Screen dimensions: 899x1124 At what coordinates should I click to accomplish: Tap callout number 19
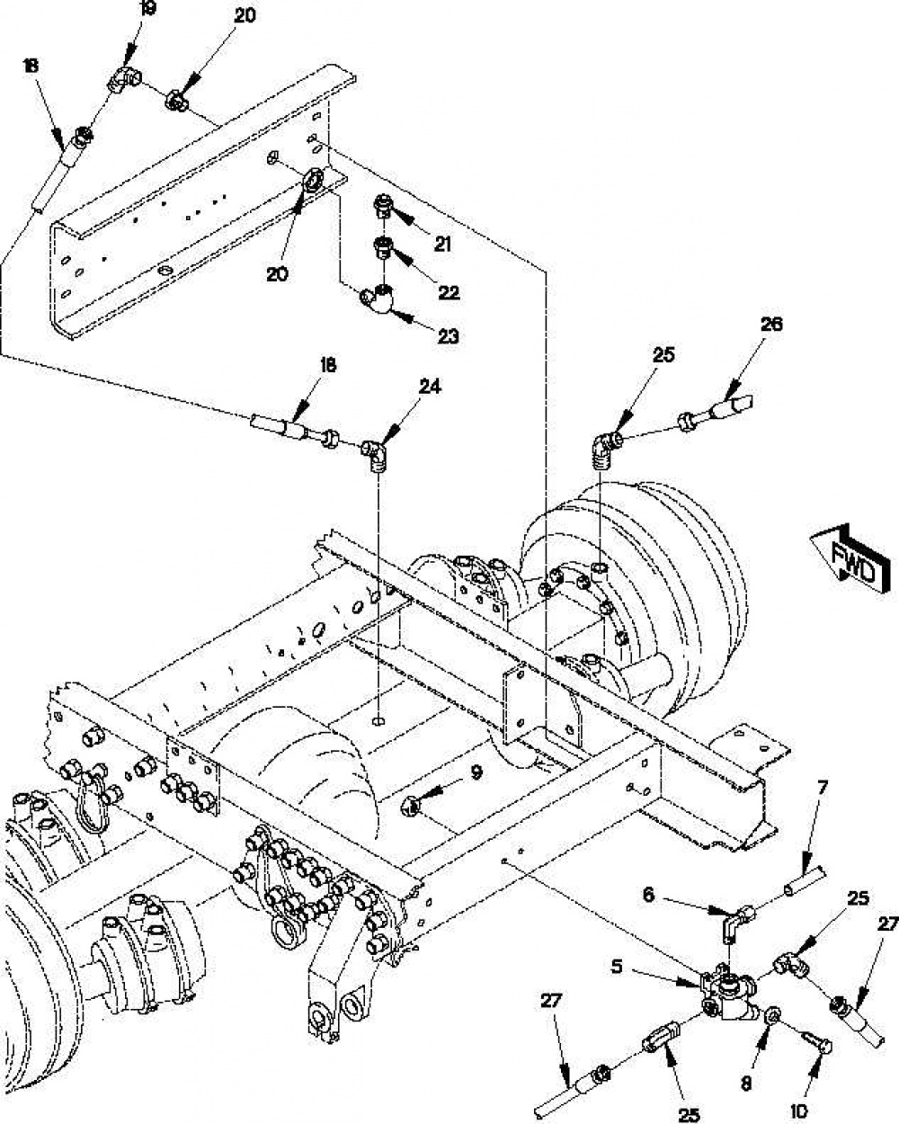(x=147, y=9)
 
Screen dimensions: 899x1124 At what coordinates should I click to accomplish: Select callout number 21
(x=442, y=244)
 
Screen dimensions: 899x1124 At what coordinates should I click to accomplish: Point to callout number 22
(x=449, y=292)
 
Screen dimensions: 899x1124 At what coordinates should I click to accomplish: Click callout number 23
(x=449, y=335)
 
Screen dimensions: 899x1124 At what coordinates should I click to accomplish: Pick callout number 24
(x=431, y=387)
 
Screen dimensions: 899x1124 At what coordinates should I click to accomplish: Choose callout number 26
(x=771, y=325)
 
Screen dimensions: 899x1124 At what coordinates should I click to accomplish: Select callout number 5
(x=617, y=967)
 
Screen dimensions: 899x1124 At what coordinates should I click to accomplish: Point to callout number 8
(x=746, y=1068)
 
